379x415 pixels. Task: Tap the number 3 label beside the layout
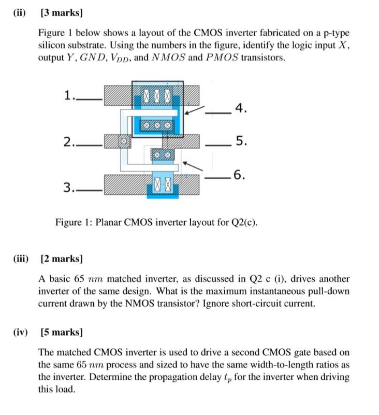[67, 187]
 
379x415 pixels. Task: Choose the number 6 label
[238, 175]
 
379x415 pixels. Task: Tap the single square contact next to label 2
[123, 141]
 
